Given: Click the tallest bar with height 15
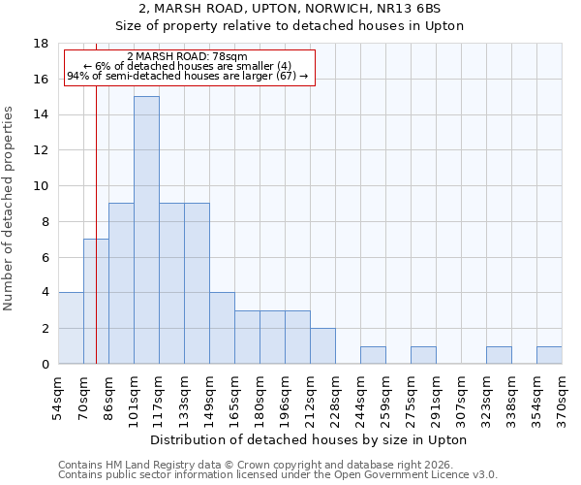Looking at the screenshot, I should click(146, 230).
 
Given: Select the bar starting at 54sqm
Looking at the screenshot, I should click(71, 328).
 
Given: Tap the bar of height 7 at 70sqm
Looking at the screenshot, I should click(96, 301).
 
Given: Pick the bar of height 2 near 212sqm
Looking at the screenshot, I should click(322, 345).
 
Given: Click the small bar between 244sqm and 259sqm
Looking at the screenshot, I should click(373, 355).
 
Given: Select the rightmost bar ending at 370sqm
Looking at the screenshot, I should click(549, 355).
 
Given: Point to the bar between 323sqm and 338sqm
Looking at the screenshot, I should click(499, 355).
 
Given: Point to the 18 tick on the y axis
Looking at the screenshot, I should click(42, 44).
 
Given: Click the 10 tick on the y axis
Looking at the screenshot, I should click(42, 186).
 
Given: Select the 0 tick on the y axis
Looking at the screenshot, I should click(46, 364).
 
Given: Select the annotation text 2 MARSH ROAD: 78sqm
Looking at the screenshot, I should click(187, 57).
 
